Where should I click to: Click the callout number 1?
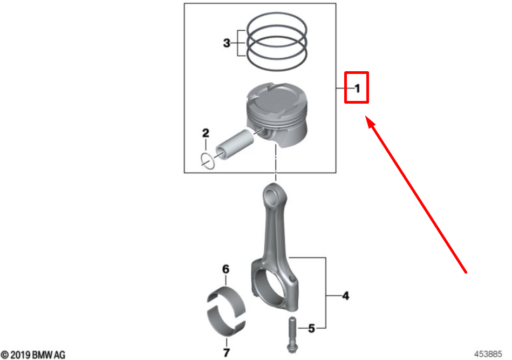click(357, 87)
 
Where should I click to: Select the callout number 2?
click(206, 133)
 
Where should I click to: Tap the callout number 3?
click(227, 43)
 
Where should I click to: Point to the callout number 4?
click(345, 295)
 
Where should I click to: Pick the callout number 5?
click(311, 328)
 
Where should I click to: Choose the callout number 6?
click(226, 269)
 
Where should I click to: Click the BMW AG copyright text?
click(33, 354)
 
